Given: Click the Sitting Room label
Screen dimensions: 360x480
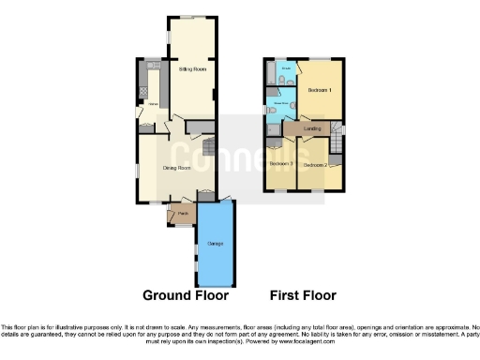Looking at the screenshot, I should click(x=192, y=69).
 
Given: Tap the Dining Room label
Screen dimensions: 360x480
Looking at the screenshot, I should click(x=177, y=168).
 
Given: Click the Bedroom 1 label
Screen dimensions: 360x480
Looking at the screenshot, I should click(x=322, y=90).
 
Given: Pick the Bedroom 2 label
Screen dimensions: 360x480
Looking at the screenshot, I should click(x=313, y=162).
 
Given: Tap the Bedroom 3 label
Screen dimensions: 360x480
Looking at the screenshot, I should click(x=280, y=164).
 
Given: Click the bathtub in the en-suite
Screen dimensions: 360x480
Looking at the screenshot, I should click(x=273, y=73).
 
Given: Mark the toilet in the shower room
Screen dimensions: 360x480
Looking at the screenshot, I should click(x=272, y=112).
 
